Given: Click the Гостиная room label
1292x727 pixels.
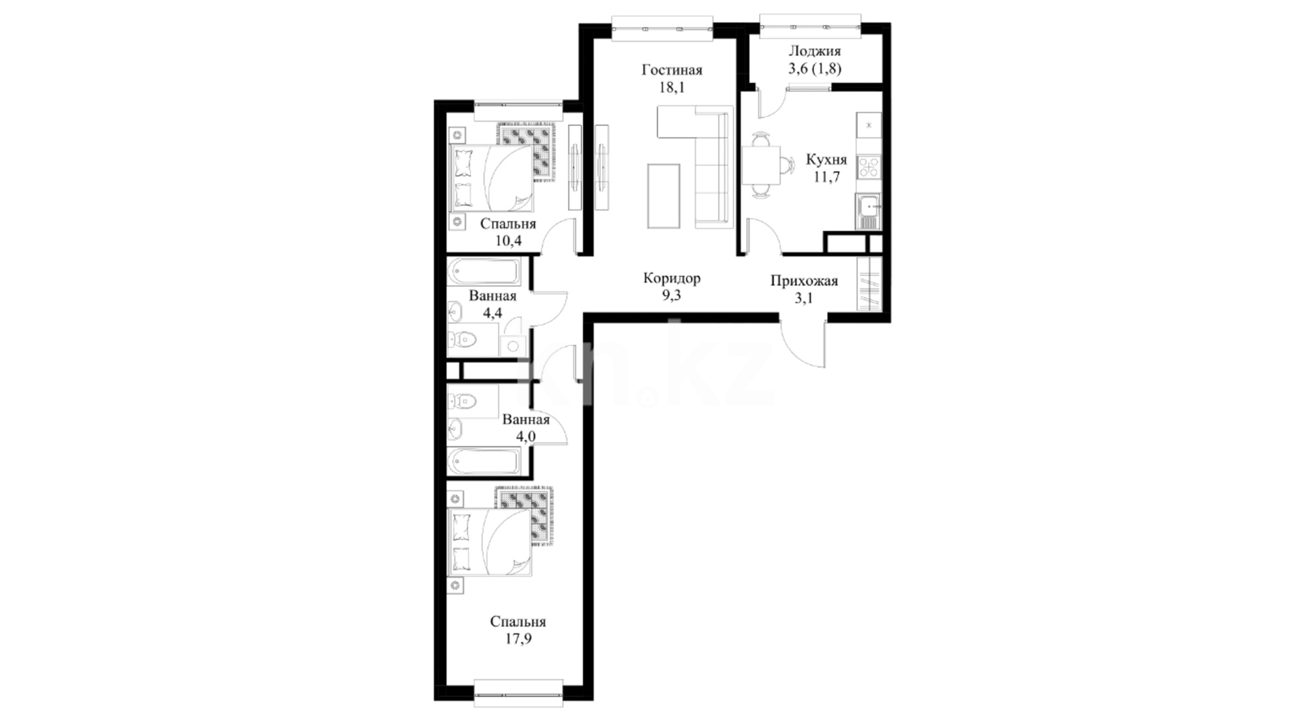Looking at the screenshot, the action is [x=672, y=70].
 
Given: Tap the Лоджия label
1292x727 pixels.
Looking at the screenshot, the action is [x=814, y=51].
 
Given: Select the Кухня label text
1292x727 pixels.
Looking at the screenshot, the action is [x=826, y=160].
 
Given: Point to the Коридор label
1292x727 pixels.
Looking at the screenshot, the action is [x=672, y=278].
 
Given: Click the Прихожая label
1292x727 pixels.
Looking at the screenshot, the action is [x=804, y=281].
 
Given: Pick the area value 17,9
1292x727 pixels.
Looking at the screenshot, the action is [x=518, y=639].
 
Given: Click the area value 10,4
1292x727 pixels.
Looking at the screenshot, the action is [x=508, y=241].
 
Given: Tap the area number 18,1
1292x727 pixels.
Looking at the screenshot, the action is [x=672, y=88].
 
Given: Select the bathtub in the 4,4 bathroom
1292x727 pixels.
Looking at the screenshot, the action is [x=484, y=272].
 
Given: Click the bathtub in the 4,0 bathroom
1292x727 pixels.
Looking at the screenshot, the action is [x=484, y=462].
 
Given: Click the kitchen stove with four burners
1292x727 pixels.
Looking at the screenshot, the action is [x=868, y=166].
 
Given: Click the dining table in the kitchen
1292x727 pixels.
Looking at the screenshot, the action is [x=761, y=165].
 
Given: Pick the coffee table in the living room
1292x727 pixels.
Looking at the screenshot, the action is [x=663, y=196].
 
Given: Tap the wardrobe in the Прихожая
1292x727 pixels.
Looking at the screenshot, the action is [x=869, y=283].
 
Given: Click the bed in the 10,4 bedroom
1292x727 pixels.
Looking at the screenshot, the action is [x=491, y=178].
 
